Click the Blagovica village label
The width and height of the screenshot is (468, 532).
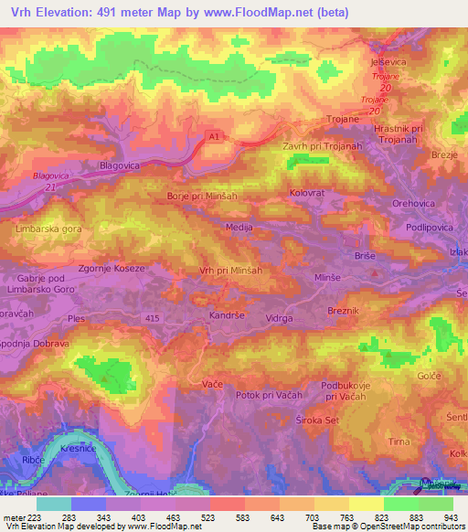(x=118, y=166)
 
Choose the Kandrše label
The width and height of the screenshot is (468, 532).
(x=225, y=316)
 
